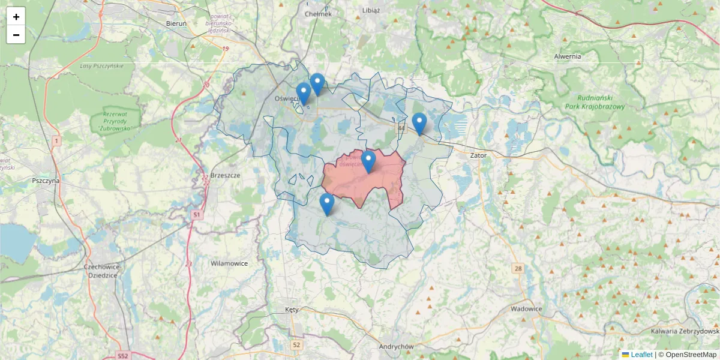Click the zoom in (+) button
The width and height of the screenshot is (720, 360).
[16, 17]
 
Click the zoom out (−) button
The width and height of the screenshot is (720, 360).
[16, 35]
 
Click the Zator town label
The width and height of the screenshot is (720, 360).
[479, 155]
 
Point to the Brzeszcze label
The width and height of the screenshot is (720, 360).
[226, 175]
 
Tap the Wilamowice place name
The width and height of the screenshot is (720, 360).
[229, 263]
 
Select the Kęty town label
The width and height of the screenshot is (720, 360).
[292, 310]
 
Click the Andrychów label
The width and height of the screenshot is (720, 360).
[397, 347]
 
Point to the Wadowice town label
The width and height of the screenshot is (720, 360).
[526, 308]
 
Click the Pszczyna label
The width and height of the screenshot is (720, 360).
[46, 180]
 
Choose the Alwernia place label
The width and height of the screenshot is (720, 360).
[568, 56]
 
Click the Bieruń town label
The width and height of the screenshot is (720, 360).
[176, 23]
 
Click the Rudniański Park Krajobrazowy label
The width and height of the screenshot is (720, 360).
[595, 102]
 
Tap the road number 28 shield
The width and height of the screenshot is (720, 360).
[518, 268]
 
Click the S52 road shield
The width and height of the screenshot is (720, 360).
[122, 356]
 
